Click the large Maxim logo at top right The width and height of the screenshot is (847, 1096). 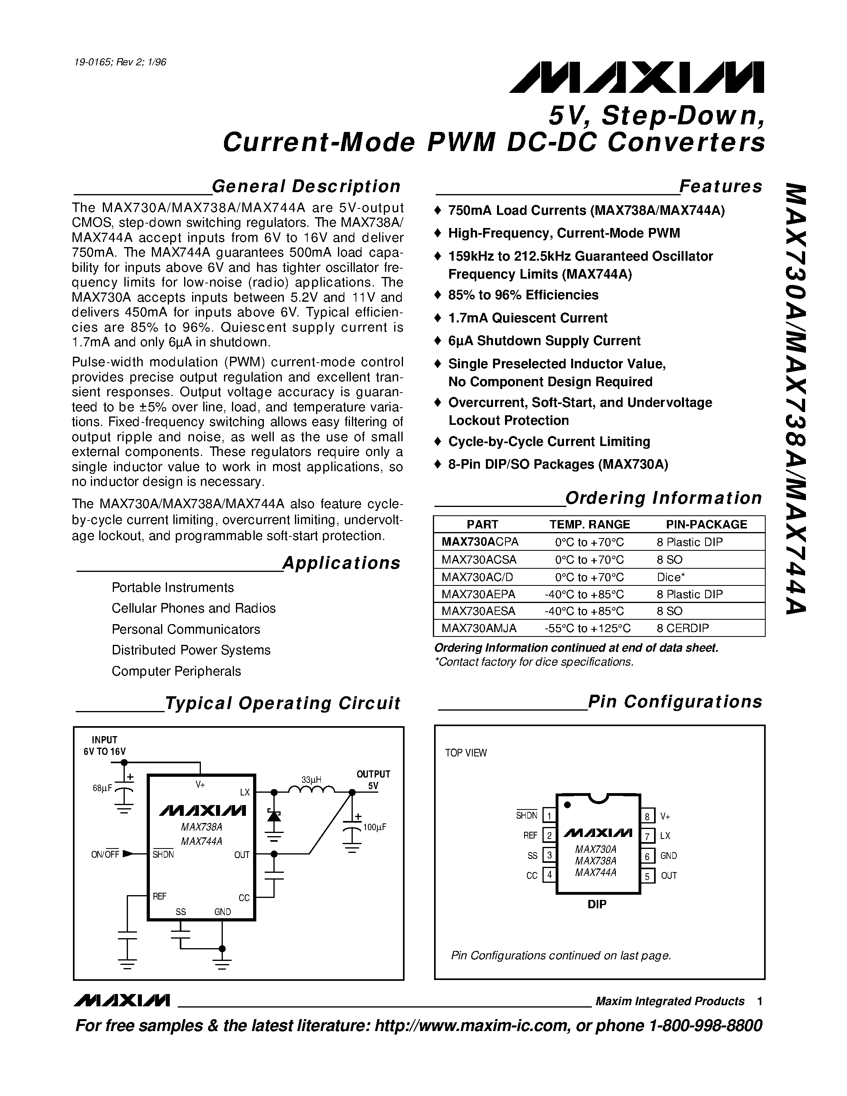pos(636,78)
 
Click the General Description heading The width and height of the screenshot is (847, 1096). pos(306,186)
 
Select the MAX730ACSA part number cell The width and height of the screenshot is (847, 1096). pos(479,560)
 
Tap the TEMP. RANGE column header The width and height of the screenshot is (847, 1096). pos(589,524)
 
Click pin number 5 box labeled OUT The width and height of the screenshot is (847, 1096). pos(647,876)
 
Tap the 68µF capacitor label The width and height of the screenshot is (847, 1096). pos(102,788)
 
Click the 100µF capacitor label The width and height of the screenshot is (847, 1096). pos(375,827)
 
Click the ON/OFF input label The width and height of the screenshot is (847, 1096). pos(105,854)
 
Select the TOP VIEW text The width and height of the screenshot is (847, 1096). pos(466,753)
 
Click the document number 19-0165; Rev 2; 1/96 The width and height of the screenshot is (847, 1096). pos(120,62)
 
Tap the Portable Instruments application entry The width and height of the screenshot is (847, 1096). pos(173,587)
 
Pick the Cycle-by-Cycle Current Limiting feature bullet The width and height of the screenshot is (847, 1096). pos(549,442)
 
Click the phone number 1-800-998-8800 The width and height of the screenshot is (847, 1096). pos(705,1025)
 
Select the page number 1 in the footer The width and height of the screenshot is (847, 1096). pos(760,1001)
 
